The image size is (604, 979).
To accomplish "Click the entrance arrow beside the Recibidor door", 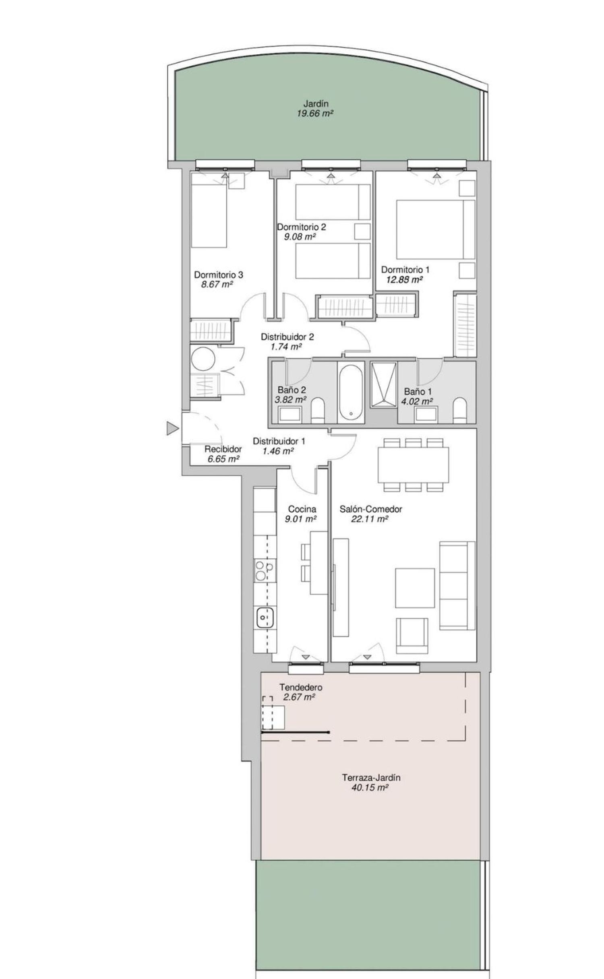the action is [172, 429].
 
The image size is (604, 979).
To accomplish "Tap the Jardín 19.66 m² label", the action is [315, 109].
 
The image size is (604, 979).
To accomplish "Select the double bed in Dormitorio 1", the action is [435, 229].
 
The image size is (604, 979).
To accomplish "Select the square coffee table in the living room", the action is [415, 588].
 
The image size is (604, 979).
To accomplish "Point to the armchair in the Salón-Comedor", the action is [412, 636].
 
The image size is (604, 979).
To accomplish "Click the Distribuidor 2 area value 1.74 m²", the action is [286, 347].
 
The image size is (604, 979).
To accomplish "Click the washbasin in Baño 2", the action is [290, 414].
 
